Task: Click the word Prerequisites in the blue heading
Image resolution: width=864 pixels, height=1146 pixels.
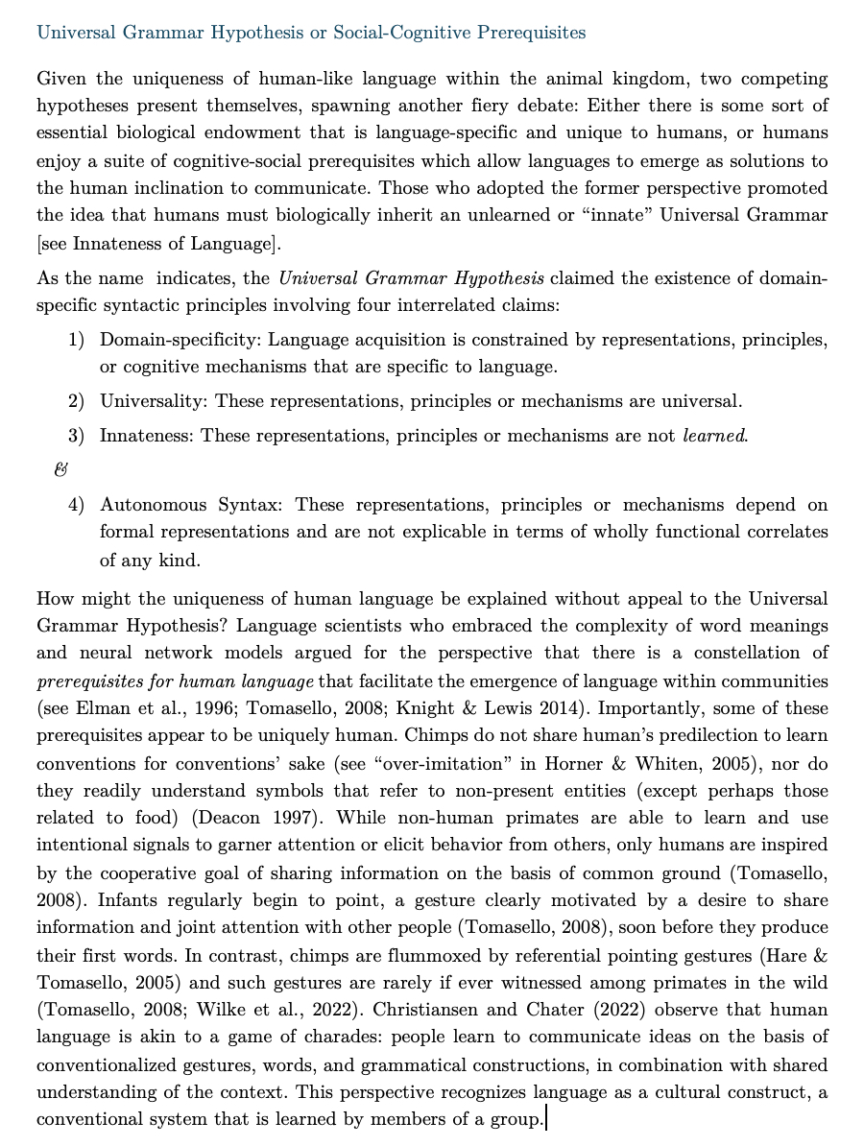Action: (526, 33)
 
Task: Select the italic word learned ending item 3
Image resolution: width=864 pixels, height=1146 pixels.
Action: (713, 436)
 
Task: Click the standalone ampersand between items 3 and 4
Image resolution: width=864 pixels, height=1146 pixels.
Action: (62, 470)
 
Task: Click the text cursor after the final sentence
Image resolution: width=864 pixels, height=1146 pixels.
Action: (545, 1119)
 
